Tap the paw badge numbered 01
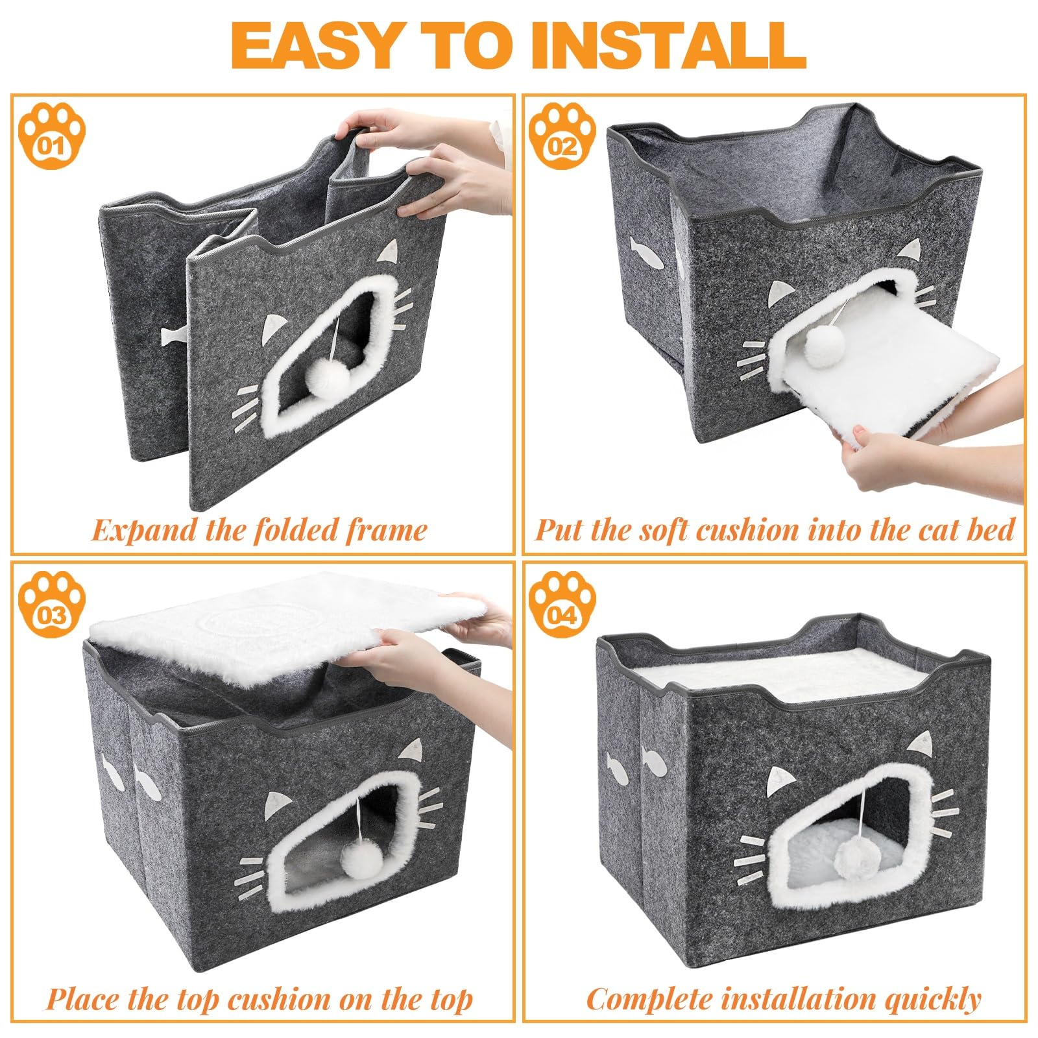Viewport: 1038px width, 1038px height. [52, 137]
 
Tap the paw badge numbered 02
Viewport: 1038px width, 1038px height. [562, 137]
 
